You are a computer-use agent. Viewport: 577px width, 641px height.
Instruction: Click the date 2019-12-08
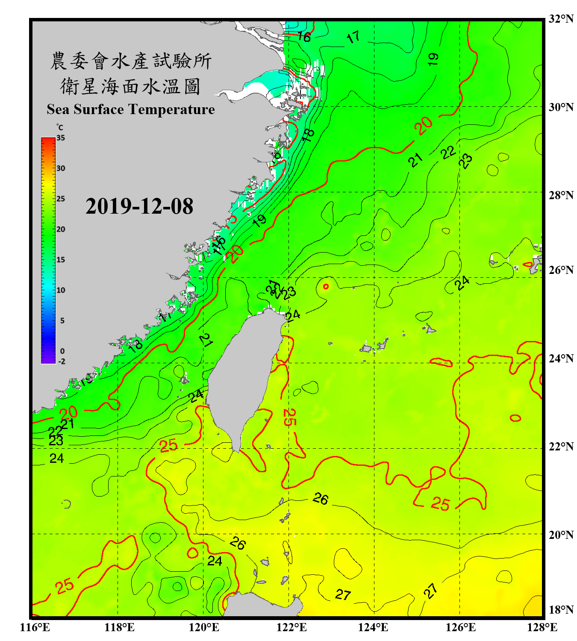[139, 206]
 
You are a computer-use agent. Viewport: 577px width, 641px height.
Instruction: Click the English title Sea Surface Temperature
[131, 109]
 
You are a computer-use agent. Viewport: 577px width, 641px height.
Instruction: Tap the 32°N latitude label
[561, 19]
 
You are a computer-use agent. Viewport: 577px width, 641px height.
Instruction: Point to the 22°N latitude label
[561, 447]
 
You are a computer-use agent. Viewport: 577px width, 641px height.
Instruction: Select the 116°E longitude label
[35, 627]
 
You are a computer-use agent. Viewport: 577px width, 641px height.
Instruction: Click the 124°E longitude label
[373, 627]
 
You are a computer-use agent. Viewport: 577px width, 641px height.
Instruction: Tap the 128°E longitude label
[542, 627]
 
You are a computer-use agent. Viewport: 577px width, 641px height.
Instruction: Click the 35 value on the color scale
[61, 138]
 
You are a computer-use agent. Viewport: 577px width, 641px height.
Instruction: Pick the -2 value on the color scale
[62, 361]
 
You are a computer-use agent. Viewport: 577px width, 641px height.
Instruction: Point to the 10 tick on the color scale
[61, 290]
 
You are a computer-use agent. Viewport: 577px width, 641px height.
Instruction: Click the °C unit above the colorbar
[60, 127]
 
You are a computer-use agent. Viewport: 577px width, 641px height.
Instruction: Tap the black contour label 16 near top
[304, 37]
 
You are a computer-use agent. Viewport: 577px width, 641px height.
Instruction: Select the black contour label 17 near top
[353, 38]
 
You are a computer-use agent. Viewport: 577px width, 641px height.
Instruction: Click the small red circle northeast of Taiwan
[326, 287]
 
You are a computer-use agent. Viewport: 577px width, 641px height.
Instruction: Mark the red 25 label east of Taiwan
[288, 417]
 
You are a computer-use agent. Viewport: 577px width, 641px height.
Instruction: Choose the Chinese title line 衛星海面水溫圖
[130, 86]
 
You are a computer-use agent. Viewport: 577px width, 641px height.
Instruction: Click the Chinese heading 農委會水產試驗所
[130, 61]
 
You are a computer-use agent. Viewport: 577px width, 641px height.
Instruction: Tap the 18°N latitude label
[561, 610]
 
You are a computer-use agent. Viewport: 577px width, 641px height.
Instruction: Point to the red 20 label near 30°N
[424, 126]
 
